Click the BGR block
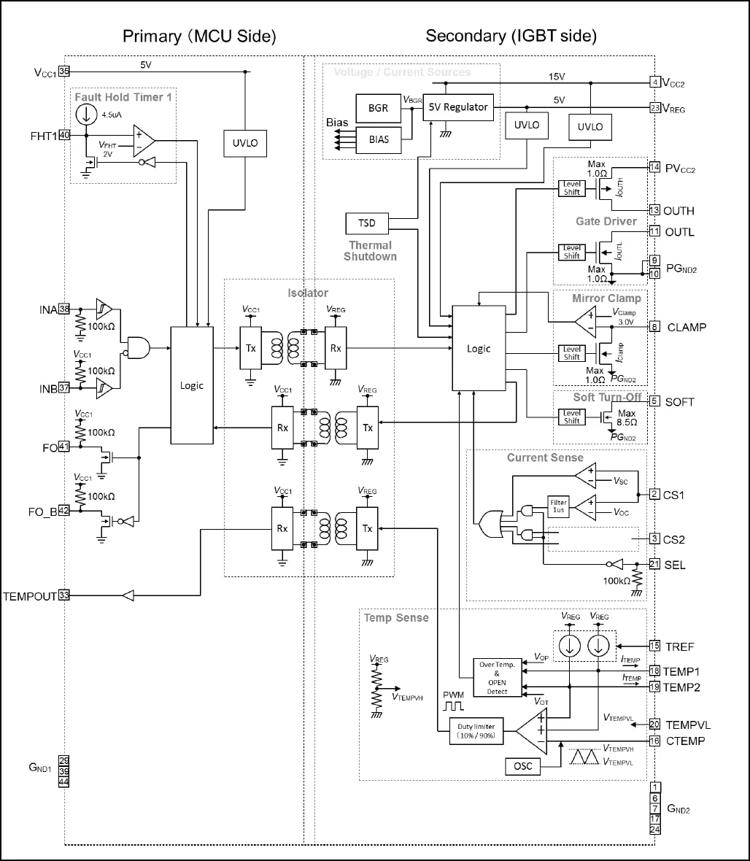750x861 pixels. [x=378, y=109]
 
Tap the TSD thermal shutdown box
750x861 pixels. [x=367, y=223]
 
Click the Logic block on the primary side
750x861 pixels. [x=192, y=385]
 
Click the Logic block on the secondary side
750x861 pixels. [x=479, y=349]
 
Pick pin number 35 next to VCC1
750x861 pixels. [x=64, y=72]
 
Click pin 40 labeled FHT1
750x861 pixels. [x=64, y=135]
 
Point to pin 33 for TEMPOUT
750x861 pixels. [x=64, y=595]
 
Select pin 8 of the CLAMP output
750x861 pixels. [x=654, y=327]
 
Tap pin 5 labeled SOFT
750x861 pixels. [x=654, y=401]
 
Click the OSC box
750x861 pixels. [x=522, y=766]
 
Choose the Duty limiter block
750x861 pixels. [x=476, y=731]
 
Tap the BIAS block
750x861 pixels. [x=378, y=139]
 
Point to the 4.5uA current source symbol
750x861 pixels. [x=86, y=114]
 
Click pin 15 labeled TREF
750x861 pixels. [x=654, y=646]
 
